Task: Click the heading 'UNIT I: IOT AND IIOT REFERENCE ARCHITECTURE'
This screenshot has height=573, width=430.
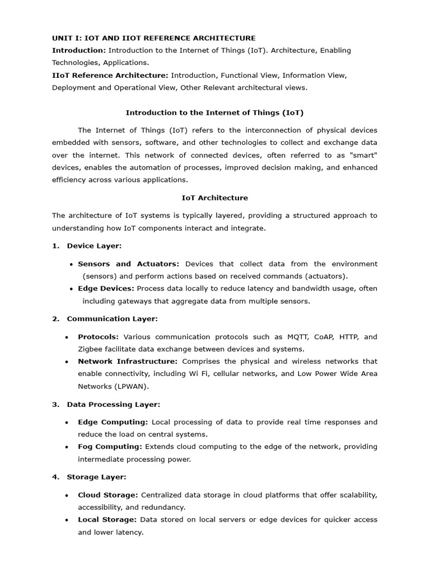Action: click(x=153, y=38)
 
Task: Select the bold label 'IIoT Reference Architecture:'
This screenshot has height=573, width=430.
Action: click(x=110, y=75)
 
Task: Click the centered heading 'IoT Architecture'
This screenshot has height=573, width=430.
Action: click(x=214, y=198)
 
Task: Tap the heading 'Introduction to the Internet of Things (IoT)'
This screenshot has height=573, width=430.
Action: click(x=214, y=112)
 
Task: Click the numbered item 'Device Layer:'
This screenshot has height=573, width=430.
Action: click(x=94, y=246)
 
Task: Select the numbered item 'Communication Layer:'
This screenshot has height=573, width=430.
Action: click(x=112, y=318)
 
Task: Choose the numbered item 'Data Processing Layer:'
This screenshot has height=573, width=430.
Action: click(x=113, y=404)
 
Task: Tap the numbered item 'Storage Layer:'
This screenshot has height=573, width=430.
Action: click(x=96, y=477)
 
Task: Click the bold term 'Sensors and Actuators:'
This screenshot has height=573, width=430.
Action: click(x=129, y=264)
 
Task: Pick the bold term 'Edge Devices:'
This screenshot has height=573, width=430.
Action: click(x=106, y=288)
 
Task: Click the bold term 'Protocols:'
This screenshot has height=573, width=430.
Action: click(x=99, y=337)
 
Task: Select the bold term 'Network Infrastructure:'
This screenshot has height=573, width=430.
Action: click(x=128, y=361)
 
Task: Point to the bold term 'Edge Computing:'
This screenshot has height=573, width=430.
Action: click(x=113, y=422)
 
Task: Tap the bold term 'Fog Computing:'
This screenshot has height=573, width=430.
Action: click(x=110, y=447)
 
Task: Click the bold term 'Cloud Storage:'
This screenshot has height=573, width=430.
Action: click(x=108, y=495)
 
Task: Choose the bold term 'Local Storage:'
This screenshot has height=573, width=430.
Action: click(x=107, y=519)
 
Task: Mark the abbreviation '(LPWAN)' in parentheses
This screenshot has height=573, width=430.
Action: click(x=133, y=386)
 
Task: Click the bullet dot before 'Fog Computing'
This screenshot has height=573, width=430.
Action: click(x=67, y=447)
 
